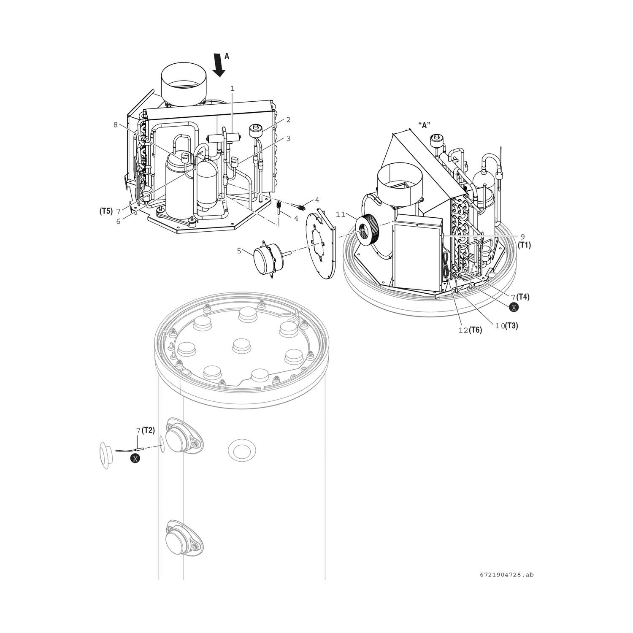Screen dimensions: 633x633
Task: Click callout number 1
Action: (232, 88)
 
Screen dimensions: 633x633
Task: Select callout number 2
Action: (288, 120)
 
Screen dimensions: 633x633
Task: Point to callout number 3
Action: (288, 138)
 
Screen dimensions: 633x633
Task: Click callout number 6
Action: (119, 221)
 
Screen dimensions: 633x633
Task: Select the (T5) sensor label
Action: (106, 211)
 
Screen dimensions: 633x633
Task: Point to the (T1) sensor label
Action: (524, 245)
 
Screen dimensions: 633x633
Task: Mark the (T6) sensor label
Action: (475, 330)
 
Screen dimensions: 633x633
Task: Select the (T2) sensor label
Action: (148, 430)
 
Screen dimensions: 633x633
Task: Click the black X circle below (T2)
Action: (135, 458)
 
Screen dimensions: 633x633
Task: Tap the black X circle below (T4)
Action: (513, 308)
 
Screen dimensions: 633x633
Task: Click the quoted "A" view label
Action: (424, 125)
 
